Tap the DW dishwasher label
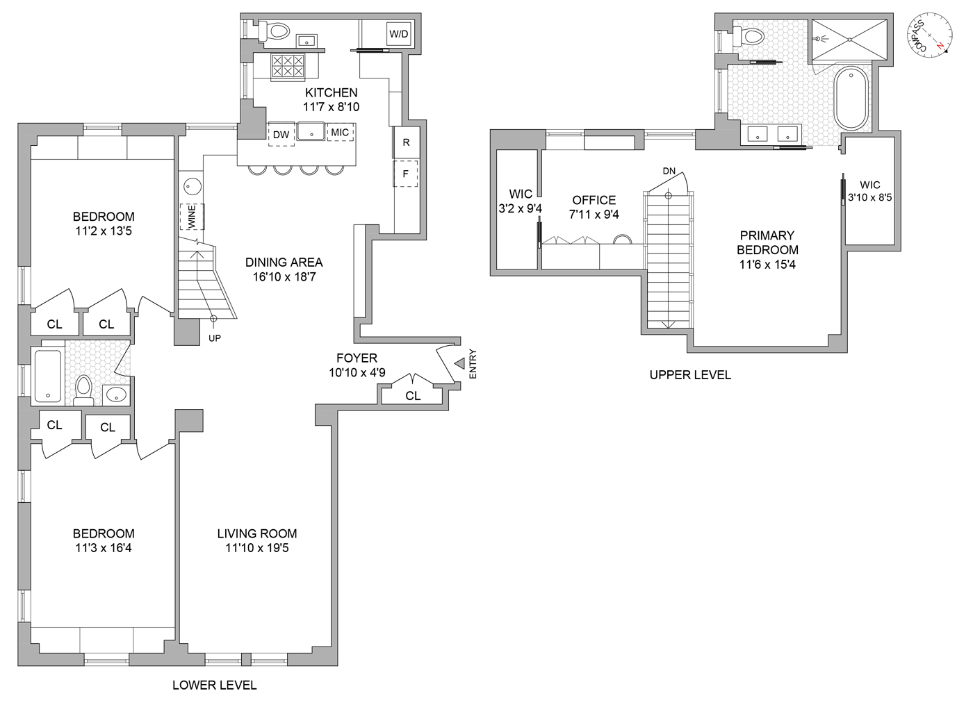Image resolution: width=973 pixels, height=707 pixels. [x=281, y=135]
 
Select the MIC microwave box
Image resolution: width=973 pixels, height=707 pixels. [x=340, y=132]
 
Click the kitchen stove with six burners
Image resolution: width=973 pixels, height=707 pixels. [x=287, y=66]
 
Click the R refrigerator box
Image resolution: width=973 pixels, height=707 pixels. [x=407, y=142]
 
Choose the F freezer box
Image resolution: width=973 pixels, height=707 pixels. [x=406, y=174]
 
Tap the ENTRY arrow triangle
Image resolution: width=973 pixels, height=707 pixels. [x=459, y=363]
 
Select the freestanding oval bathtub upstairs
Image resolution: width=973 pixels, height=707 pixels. [x=849, y=98]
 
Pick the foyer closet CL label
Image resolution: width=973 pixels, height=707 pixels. [x=413, y=396]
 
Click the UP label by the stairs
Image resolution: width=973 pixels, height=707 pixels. [x=215, y=338]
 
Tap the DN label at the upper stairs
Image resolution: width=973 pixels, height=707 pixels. [x=669, y=171]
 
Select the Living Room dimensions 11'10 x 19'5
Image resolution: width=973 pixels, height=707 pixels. [x=257, y=548]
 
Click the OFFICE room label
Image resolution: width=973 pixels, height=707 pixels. [x=594, y=200]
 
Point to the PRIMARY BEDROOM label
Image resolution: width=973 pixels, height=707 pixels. [x=767, y=242]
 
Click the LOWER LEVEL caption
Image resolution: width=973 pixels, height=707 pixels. [x=214, y=685]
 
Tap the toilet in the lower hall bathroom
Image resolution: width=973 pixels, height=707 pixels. [x=84, y=388]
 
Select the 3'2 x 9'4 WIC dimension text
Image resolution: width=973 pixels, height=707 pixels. [x=520, y=208]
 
